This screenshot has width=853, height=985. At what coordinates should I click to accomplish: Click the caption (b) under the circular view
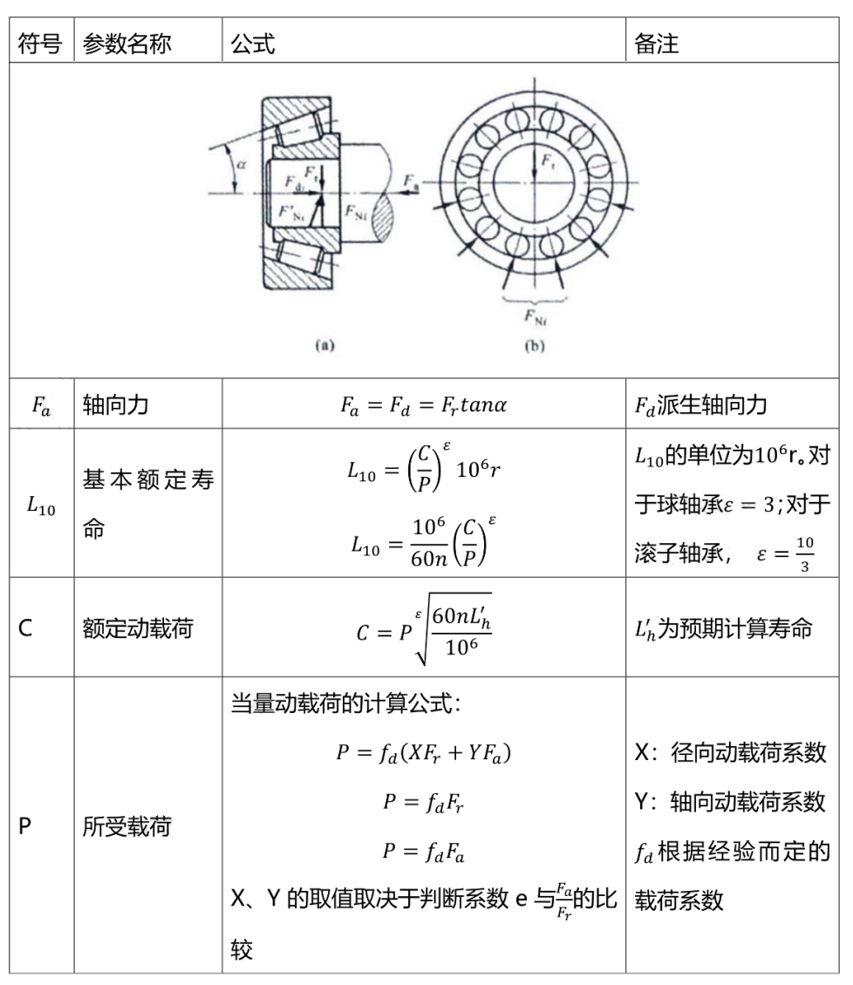coord(534,345)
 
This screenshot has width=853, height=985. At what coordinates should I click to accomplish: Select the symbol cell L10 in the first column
coord(40,506)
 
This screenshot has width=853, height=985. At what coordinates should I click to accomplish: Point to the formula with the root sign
coord(423,626)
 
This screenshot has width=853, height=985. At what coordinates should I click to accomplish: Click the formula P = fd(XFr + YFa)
coord(423,752)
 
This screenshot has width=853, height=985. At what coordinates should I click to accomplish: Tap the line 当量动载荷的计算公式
coord(345,704)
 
